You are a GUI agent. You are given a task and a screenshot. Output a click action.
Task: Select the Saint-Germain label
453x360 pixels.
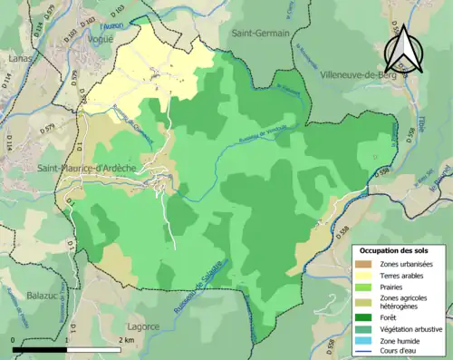260,34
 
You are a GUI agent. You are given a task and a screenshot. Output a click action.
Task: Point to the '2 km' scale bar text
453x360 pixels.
127,340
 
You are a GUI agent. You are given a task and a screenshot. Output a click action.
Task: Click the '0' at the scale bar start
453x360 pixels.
14,340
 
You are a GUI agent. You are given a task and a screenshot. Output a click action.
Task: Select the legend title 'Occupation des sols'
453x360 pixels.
400,249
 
